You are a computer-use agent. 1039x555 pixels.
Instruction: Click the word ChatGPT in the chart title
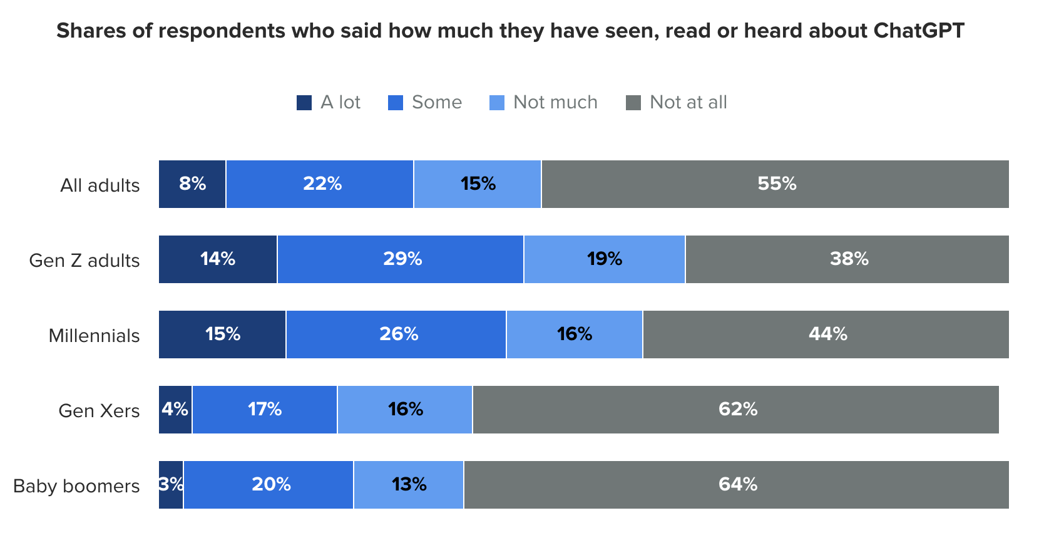pyautogui.click(x=918, y=31)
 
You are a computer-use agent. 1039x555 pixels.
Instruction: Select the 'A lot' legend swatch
pyautogui.click(x=304, y=103)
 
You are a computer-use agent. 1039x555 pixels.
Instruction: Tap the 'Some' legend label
pyautogui.click(x=436, y=102)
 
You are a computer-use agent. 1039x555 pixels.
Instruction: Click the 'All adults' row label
pyautogui.click(x=100, y=185)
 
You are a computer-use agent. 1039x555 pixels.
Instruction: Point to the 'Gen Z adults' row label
pyautogui.click(x=84, y=261)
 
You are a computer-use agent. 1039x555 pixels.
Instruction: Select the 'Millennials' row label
pyautogui.click(x=94, y=336)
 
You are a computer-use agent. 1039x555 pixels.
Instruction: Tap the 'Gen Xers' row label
pyautogui.click(x=99, y=411)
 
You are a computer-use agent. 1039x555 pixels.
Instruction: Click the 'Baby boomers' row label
pyautogui.click(x=76, y=486)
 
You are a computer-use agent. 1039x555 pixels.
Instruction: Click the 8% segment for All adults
pyautogui.click(x=192, y=184)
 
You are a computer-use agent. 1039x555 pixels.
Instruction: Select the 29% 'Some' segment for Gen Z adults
pyautogui.click(x=401, y=259)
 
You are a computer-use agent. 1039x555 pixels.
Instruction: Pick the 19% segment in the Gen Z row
pyautogui.click(x=604, y=259)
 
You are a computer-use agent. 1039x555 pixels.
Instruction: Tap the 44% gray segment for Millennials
pyautogui.click(x=826, y=335)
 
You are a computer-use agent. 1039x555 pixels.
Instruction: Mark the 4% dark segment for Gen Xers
pyautogui.click(x=175, y=410)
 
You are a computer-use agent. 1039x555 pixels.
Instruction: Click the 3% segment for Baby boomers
pyautogui.click(x=171, y=485)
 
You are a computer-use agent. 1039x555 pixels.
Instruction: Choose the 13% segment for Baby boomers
pyautogui.click(x=409, y=485)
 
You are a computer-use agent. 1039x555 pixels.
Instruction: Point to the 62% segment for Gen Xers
pyautogui.click(x=737, y=410)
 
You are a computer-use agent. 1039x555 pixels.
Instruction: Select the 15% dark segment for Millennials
pyautogui.click(x=222, y=335)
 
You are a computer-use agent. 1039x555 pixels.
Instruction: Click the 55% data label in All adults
pyautogui.click(x=777, y=184)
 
